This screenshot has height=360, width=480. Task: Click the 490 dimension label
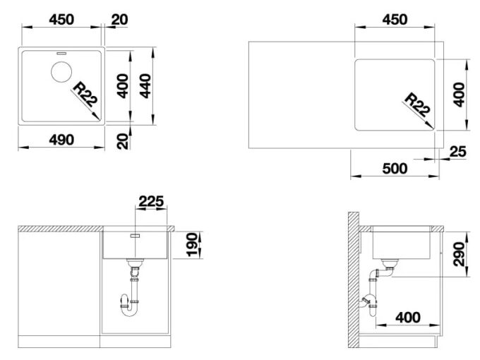pyautogui.click(x=61, y=140)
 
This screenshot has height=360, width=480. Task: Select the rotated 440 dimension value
pyautogui.click(x=145, y=86)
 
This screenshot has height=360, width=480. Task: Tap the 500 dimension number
pyautogui.click(x=395, y=169)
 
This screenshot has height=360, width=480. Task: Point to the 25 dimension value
pyautogui.click(x=458, y=152)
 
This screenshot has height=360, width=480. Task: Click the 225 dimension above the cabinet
pyautogui.click(x=152, y=201)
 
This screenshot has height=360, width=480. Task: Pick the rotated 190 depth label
pyautogui.click(x=192, y=244)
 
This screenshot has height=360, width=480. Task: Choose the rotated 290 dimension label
pyautogui.click(x=460, y=254)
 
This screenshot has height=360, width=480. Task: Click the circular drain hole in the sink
pyautogui.click(x=61, y=71)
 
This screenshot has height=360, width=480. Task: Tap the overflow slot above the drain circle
pyautogui.click(x=61, y=53)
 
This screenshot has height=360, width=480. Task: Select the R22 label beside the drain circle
pyautogui.click(x=85, y=95)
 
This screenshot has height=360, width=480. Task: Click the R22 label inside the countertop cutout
pyautogui.click(x=417, y=105)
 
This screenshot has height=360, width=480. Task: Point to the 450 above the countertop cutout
pyautogui.click(x=395, y=20)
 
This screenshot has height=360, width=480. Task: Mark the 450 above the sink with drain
pyautogui.click(x=61, y=20)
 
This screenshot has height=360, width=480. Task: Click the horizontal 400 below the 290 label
pyautogui.click(x=408, y=318)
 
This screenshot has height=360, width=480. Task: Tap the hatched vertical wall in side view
pyautogui.click(x=353, y=280)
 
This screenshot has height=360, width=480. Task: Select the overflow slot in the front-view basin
pyautogui.click(x=135, y=235)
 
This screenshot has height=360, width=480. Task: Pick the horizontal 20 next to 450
pyautogui.click(x=119, y=20)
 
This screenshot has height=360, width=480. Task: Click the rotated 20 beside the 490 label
pyautogui.click(x=123, y=141)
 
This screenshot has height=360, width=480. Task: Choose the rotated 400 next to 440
pyautogui.click(x=123, y=86)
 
